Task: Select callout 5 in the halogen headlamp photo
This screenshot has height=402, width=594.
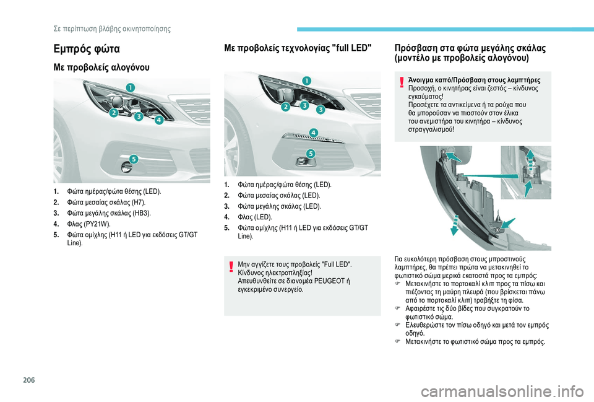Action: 133,159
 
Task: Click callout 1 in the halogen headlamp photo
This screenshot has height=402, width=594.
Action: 131,87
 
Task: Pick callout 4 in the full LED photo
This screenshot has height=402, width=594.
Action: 313,133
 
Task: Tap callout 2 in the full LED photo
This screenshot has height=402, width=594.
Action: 285,107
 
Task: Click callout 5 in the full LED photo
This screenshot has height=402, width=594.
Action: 311,153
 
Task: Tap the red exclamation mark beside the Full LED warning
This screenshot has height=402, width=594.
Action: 230,266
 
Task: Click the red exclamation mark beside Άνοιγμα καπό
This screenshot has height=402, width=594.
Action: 402,82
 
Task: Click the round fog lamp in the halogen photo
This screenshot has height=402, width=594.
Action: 126,167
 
